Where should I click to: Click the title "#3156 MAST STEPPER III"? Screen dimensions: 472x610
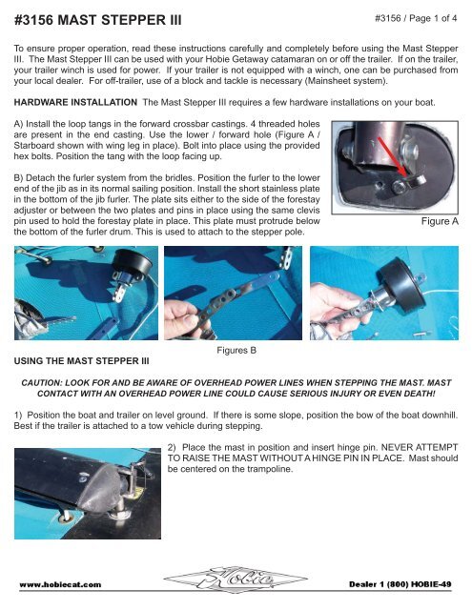click(x=97, y=20)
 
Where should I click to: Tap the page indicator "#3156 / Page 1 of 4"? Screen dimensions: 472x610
click(x=416, y=18)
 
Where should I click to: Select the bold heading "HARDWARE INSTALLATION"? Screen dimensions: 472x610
click(x=75, y=102)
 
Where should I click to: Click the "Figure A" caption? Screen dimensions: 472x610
click(x=440, y=221)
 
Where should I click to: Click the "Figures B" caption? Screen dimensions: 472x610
click(x=236, y=350)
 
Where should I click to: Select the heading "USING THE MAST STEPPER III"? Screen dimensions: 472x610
click(x=81, y=361)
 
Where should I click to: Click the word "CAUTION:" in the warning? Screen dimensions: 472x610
click(x=42, y=383)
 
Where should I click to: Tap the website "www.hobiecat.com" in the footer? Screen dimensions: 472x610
click(x=60, y=584)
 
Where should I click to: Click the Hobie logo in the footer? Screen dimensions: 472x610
click(x=236, y=579)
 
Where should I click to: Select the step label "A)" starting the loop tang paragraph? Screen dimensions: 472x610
click(x=19, y=124)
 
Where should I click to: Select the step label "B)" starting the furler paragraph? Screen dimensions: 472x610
click(x=19, y=178)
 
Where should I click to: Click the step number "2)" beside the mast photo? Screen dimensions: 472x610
click(x=172, y=447)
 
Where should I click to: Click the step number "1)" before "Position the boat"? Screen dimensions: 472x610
click(x=18, y=416)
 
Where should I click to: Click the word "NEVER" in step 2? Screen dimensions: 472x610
click(x=395, y=447)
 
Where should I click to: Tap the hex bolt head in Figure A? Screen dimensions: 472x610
click(x=399, y=188)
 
